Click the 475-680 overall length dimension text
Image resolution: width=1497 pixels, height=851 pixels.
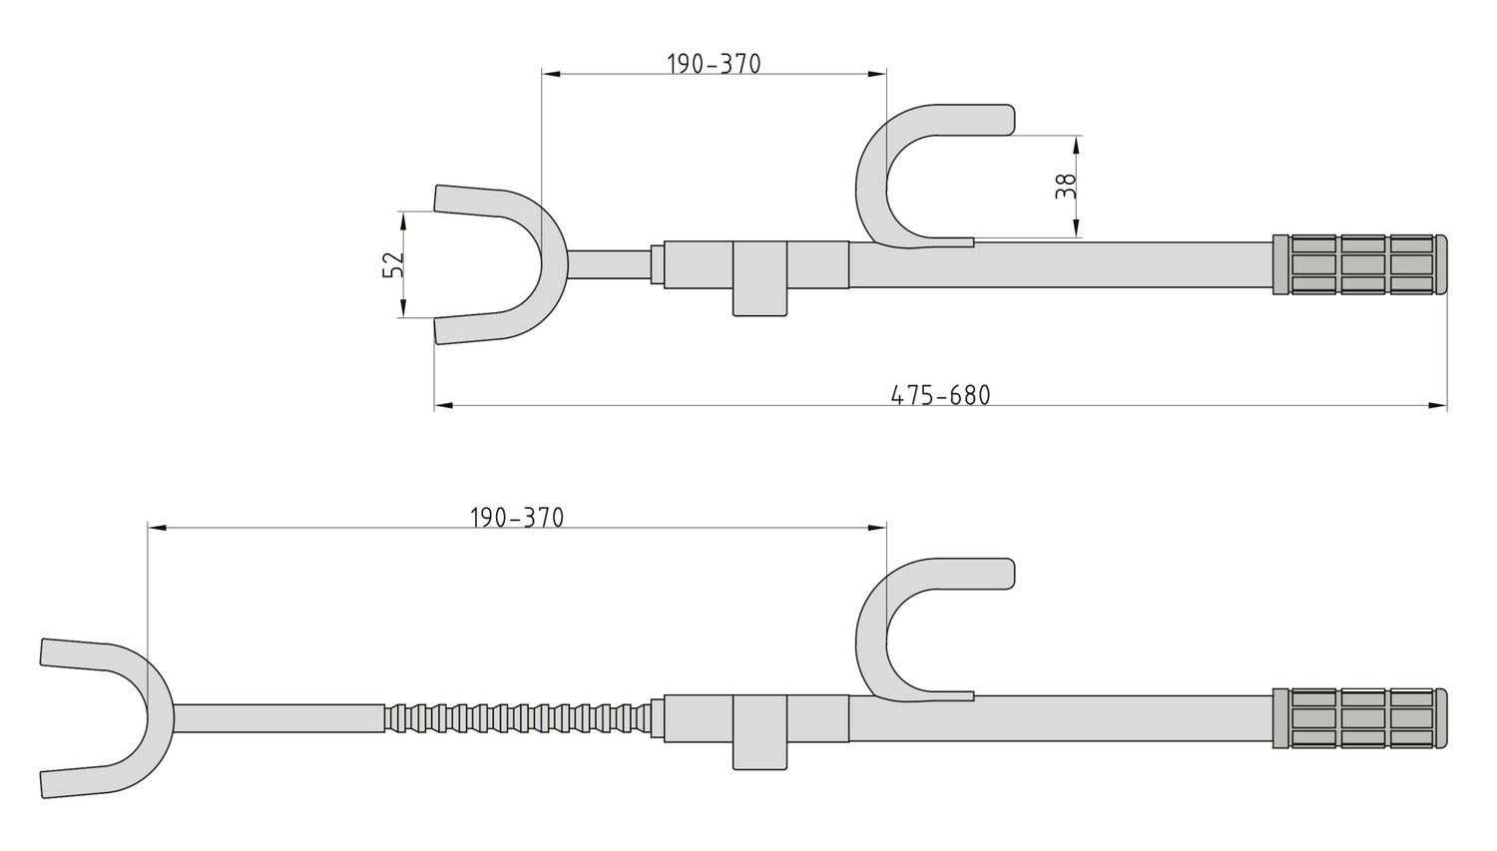pyautogui.click(x=940, y=395)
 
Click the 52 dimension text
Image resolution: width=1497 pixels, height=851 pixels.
pyautogui.click(x=393, y=263)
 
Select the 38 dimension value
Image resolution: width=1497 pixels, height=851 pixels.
pyautogui.click(x=1066, y=187)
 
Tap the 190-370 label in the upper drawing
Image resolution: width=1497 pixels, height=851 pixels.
pyautogui.click(x=714, y=64)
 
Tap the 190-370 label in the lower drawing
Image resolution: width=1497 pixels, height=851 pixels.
pyautogui.click(x=516, y=518)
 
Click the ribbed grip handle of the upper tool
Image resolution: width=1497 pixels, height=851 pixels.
pyautogui.click(x=1361, y=264)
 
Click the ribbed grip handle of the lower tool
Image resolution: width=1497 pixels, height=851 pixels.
pyautogui.click(x=1361, y=717)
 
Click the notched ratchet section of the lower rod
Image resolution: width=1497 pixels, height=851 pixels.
pyautogui.click(x=519, y=718)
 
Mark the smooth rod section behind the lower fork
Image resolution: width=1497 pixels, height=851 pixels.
pyautogui.click(x=279, y=718)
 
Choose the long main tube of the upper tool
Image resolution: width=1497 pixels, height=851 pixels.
pyautogui.click(x=1098, y=264)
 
